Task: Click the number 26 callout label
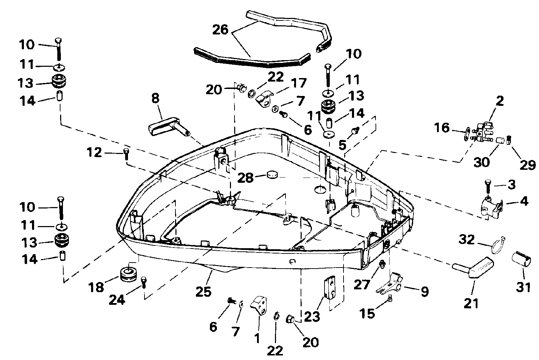coord(220,29)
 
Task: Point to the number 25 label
coord(204,291)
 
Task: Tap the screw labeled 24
coord(143,282)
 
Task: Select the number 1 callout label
coord(257,339)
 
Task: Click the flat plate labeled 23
coord(329,288)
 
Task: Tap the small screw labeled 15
coord(390,298)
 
